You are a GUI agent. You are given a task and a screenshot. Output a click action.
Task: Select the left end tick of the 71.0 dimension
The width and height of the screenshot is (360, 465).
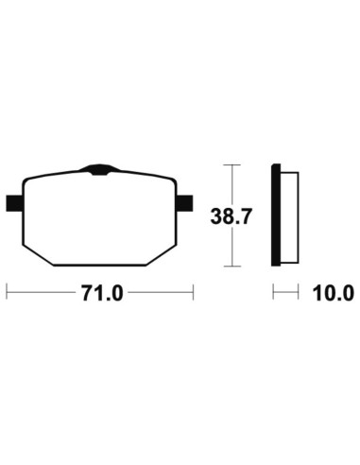tap(8, 294)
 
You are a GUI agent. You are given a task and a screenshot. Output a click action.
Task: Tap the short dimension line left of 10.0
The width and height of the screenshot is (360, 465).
tap(281, 294)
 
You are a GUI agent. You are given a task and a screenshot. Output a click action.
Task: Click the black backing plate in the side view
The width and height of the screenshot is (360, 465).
tap(276, 215)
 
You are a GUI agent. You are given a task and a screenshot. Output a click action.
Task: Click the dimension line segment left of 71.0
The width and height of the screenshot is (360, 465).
tap(43, 294)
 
